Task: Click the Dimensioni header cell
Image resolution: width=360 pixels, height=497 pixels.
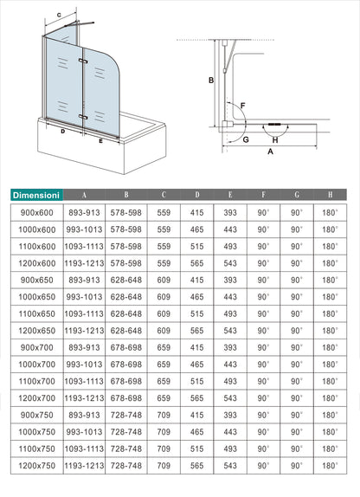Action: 35,194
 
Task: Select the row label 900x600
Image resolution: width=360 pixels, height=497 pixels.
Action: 35,210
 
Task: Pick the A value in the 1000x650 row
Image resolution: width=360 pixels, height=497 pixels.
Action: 85,295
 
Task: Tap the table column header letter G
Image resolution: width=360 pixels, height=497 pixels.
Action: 297,194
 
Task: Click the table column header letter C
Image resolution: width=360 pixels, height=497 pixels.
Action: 164,194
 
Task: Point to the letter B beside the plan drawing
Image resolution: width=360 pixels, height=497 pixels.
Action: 209,81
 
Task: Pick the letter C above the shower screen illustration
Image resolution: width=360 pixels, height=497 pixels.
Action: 59,16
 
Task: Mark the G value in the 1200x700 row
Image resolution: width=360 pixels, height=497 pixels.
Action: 297,397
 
